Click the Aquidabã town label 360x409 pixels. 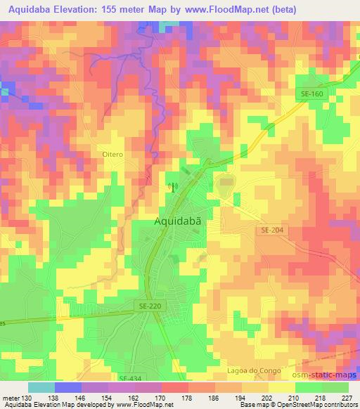coord(179,221)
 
